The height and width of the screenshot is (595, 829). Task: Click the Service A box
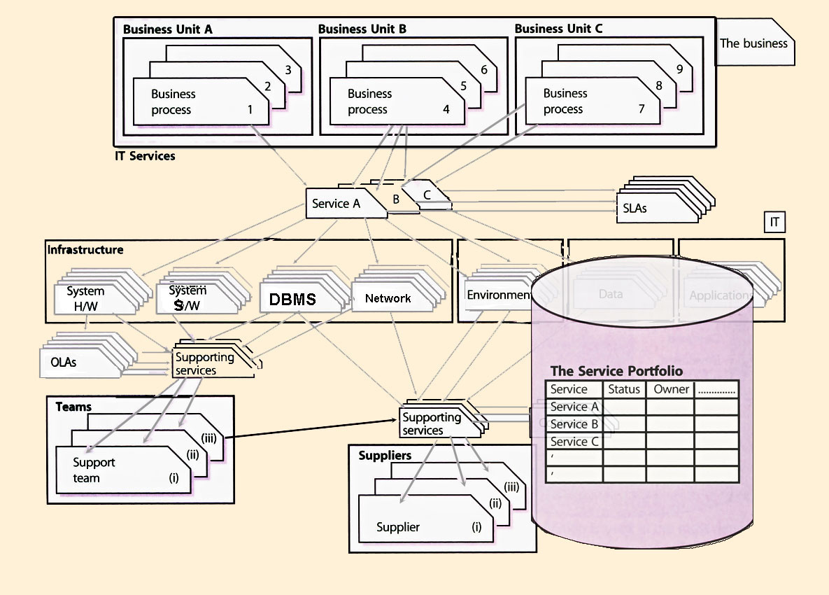click(x=336, y=204)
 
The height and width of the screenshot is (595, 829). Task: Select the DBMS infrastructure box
click(x=292, y=300)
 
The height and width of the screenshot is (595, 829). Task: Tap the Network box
click(x=388, y=298)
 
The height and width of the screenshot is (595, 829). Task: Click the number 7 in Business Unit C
click(x=641, y=109)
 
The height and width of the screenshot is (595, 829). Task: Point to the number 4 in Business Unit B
click(x=446, y=109)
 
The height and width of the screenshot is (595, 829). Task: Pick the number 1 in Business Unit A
click(x=250, y=109)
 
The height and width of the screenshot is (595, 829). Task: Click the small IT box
click(x=774, y=223)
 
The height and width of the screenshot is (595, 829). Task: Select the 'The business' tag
click(x=753, y=43)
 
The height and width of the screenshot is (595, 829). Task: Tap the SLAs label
click(x=634, y=209)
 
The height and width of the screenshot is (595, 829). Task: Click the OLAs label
click(x=64, y=363)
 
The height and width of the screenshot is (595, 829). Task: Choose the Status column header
click(x=624, y=389)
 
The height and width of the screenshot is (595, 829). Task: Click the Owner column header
click(x=671, y=389)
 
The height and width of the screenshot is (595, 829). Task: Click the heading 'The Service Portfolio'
click(x=616, y=371)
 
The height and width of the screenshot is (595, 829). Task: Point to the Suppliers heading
click(x=385, y=456)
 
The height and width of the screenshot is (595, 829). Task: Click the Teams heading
click(x=73, y=407)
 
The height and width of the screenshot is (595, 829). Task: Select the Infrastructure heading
click(x=85, y=250)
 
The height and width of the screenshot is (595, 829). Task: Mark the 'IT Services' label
click(x=145, y=155)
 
